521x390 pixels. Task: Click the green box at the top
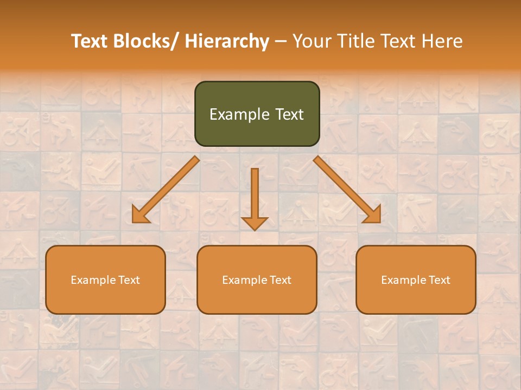click(x=257, y=114)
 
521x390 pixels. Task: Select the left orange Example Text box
click(x=105, y=279)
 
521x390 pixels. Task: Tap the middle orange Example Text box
click(x=257, y=279)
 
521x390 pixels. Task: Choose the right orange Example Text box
click(x=416, y=279)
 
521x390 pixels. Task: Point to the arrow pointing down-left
click(x=165, y=190)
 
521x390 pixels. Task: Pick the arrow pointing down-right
click(x=347, y=190)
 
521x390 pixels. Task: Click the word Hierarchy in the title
click(x=227, y=42)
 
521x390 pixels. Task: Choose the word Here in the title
click(x=444, y=42)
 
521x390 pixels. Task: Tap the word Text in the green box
click(x=289, y=114)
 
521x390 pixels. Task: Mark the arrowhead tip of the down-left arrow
click(x=133, y=222)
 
